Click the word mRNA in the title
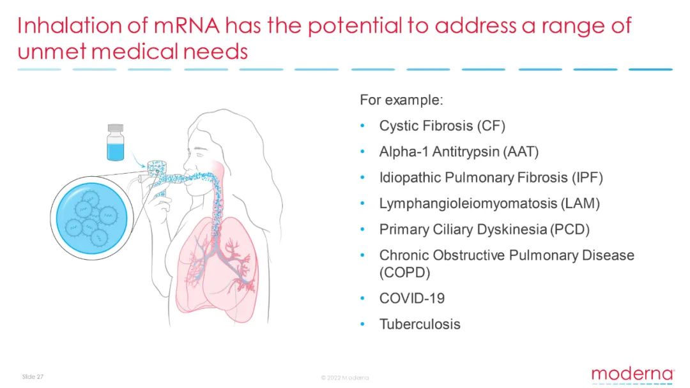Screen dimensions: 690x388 click(186, 26)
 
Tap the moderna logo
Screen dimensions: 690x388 click(632, 375)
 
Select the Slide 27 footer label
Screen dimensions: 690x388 click(33, 377)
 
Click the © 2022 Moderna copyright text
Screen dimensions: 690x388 click(345, 377)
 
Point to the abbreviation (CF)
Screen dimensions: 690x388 click(491, 126)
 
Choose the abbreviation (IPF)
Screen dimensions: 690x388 click(588, 178)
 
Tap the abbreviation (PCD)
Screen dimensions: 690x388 click(570, 230)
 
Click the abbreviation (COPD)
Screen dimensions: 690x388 click(404, 273)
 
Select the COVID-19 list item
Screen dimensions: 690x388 click(412, 299)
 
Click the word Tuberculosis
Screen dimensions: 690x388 click(420, 325)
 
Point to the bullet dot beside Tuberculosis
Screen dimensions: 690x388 click(363, 324)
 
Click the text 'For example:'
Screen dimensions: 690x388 click(401, 100)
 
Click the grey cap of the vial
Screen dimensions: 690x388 click(115, 128)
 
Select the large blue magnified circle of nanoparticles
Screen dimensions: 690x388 click(91, 218)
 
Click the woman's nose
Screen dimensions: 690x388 click(186, 166)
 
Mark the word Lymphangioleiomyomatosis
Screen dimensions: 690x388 click(468, 204)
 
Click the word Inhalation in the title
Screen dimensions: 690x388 click(70, 26)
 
